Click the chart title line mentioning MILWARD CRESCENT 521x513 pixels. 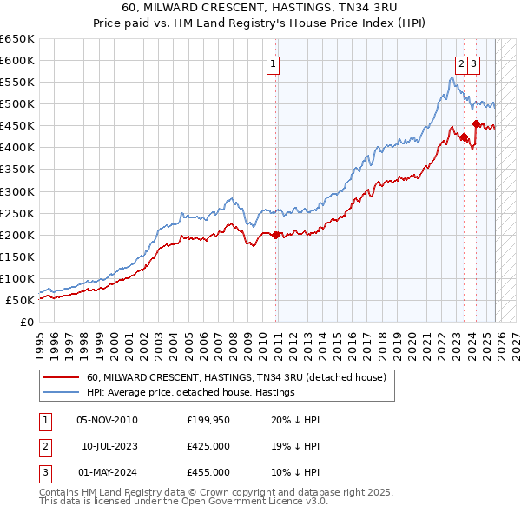click(260, 8)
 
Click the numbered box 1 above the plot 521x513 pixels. click(273, 63)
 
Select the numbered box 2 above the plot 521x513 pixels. click(460, 63)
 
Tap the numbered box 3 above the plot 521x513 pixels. click(474, 63)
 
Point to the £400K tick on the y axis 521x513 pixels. click(17, 148)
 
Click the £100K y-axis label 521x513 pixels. click(17, 278)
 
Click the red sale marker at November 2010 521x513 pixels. click(276, 235)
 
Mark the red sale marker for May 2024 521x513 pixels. click(475, 124)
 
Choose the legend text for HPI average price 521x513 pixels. click(191, 392)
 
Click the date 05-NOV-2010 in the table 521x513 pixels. click(107, 420)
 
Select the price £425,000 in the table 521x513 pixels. click(208, 446)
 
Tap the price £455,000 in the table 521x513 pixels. click(208, 472)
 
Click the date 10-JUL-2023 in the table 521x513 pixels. click(109, 446)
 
